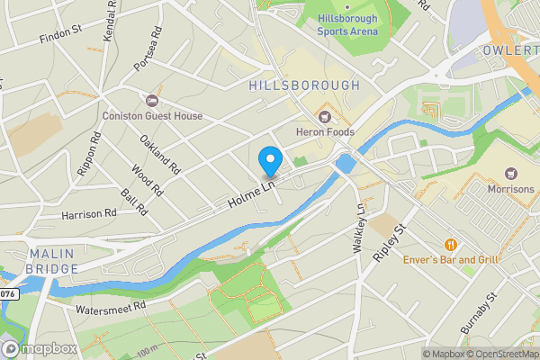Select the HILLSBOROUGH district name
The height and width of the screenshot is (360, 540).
(x=303, y=85)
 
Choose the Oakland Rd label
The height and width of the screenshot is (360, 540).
(x=160, y=154)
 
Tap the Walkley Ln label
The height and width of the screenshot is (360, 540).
(x=360, y=229)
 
